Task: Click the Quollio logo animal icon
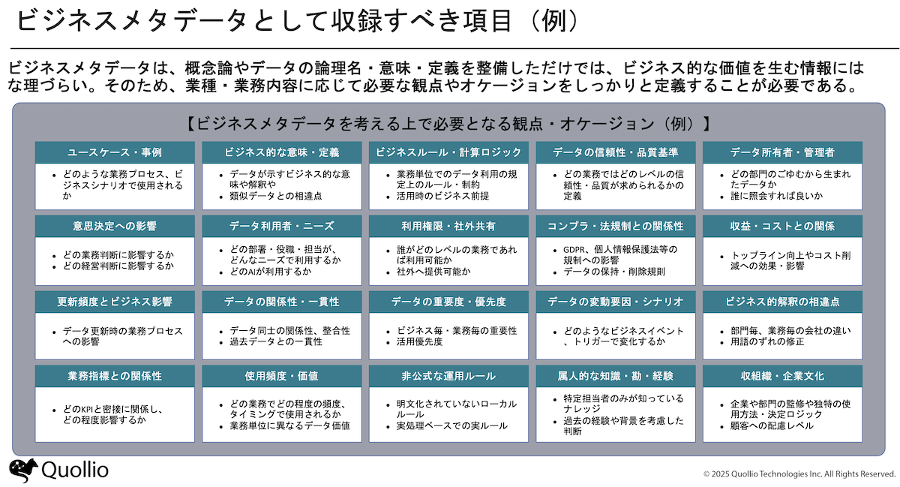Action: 23,470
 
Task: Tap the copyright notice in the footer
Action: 799,474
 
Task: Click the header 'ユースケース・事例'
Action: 115,152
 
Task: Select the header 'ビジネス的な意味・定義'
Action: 282,152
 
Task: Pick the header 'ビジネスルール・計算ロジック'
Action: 448,152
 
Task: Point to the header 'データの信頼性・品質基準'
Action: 616,152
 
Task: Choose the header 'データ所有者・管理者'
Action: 782,152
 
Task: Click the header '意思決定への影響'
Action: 115,227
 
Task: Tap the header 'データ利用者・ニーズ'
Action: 282,227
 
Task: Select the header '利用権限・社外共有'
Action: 448,227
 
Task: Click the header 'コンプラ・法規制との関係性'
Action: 616,227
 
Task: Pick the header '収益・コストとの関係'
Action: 782,227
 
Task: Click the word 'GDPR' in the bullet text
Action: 574,250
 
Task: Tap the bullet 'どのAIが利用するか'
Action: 271,272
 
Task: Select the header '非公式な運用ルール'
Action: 448,377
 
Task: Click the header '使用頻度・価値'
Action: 282,377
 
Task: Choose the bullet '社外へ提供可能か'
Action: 433,272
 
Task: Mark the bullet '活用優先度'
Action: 419,342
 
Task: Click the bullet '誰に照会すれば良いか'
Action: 777,197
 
